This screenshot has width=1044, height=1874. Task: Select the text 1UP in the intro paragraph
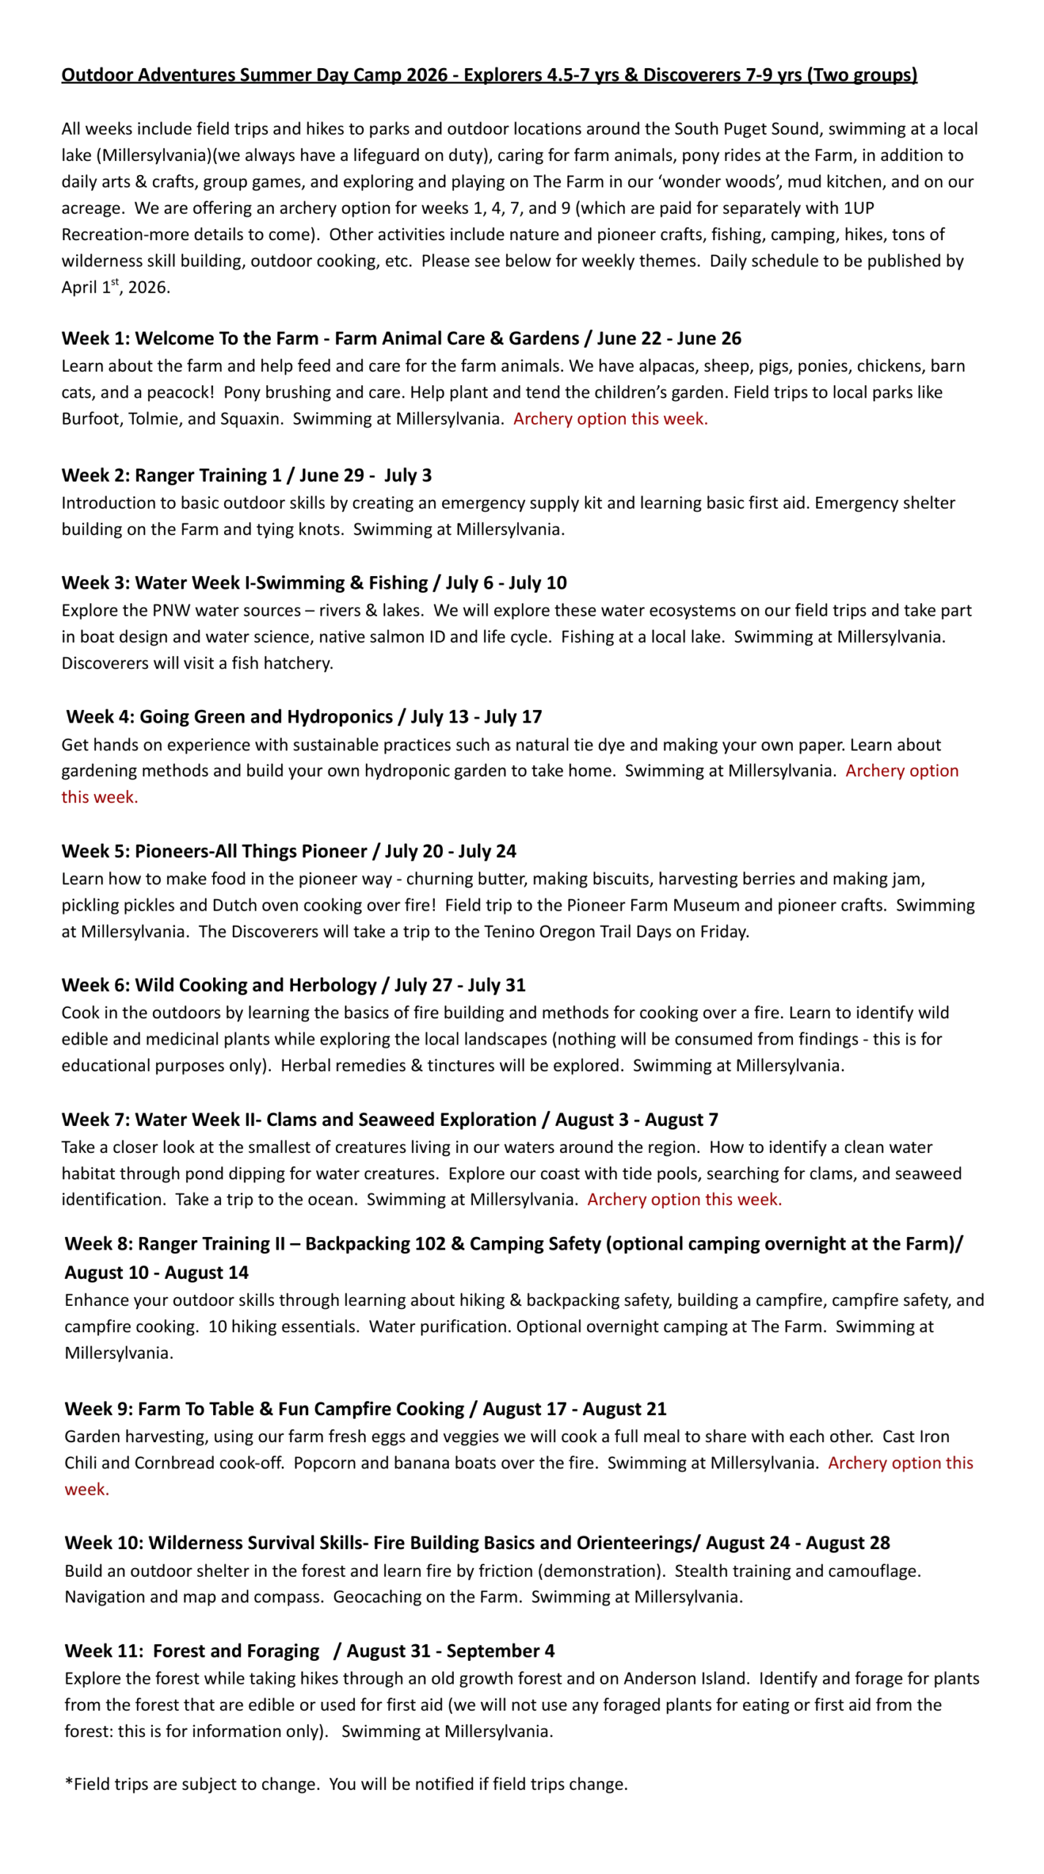pos(859,208)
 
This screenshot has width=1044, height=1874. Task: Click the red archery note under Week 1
pos(610,419)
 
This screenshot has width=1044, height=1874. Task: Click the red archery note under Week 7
pos(684,1200)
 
